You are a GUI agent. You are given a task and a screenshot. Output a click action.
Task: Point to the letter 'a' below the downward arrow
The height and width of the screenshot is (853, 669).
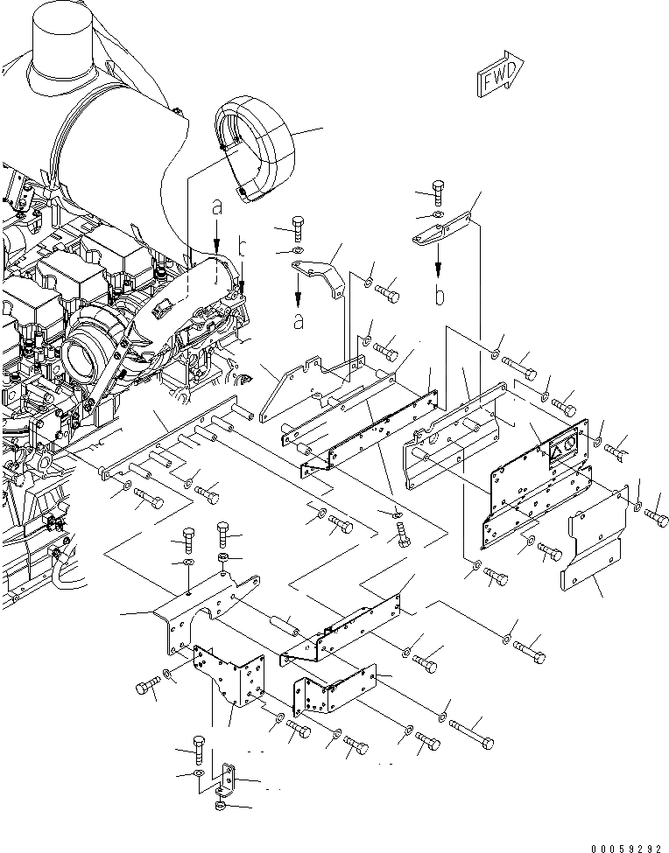299,322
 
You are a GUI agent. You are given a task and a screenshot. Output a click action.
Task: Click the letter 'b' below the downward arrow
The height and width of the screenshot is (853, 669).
440,296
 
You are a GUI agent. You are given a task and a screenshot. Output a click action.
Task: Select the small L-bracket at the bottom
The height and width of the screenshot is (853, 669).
229,777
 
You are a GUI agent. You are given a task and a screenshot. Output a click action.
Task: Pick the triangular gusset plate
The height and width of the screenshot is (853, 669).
278,393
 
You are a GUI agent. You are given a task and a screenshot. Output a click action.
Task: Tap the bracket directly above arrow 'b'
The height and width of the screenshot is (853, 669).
441,233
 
